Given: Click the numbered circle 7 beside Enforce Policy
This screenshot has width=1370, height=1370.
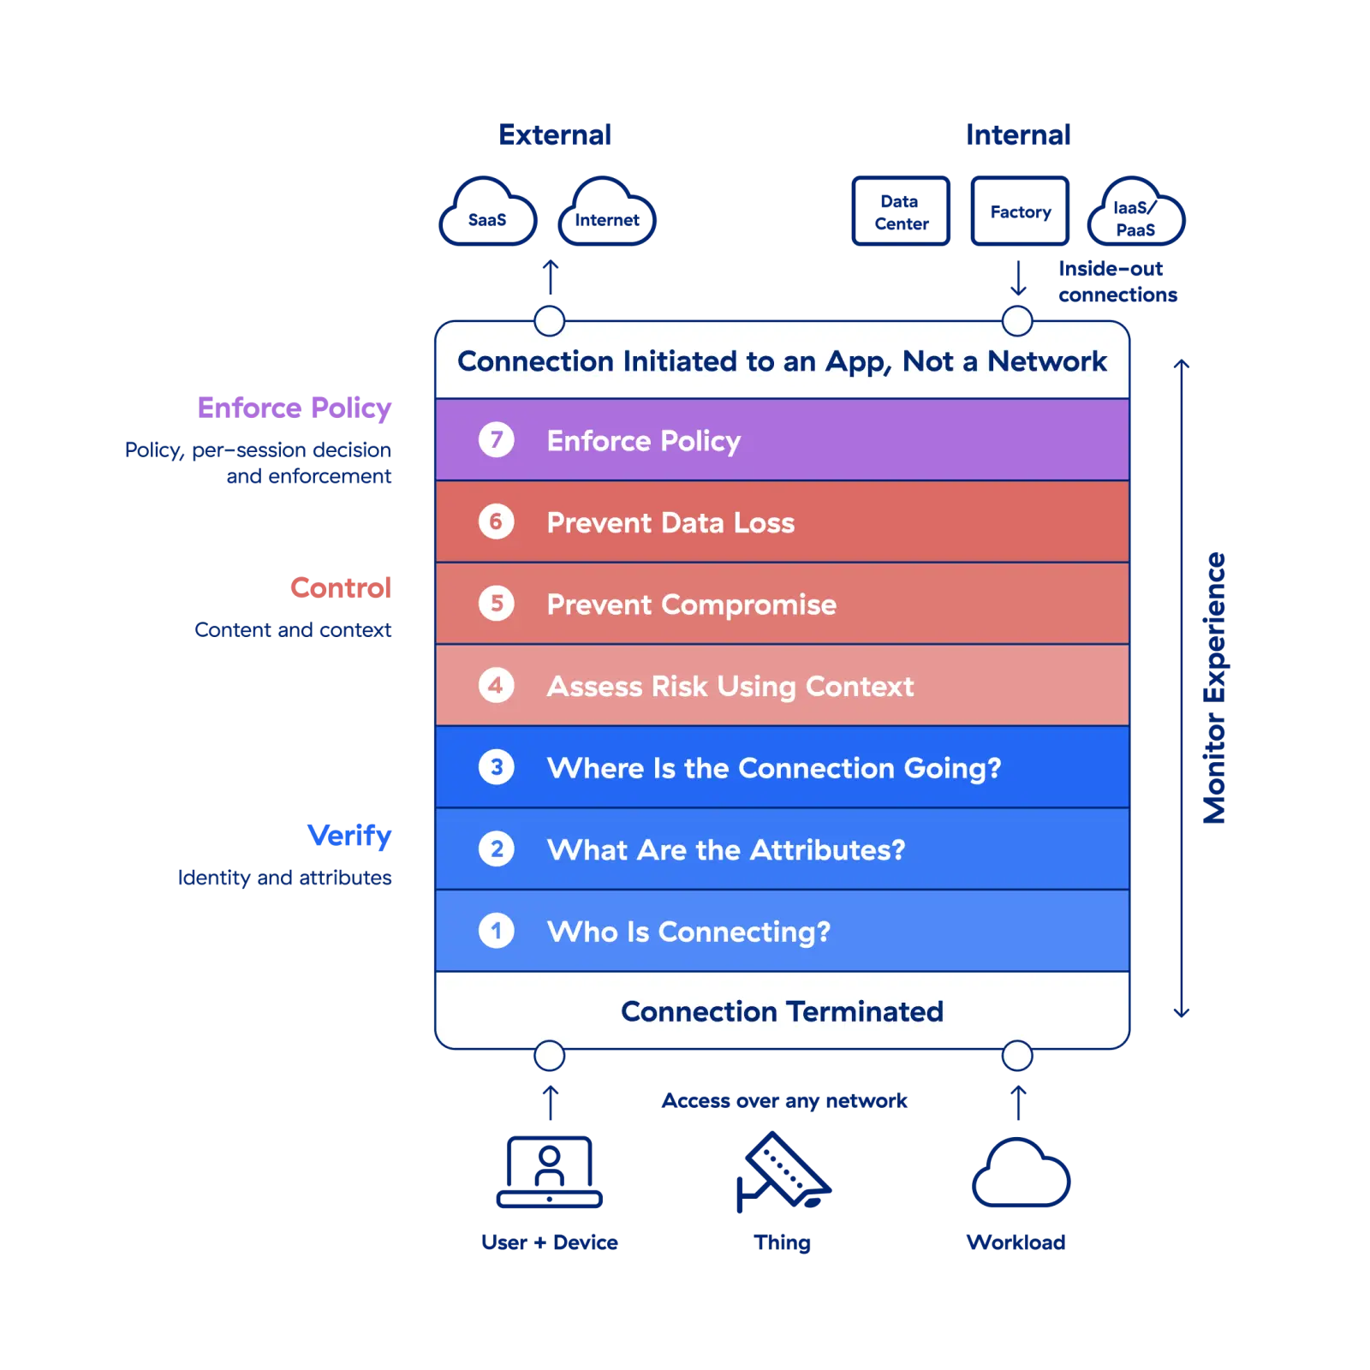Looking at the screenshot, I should (x=496, y=440).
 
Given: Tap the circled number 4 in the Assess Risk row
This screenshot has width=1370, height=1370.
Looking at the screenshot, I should (x=496, y=686).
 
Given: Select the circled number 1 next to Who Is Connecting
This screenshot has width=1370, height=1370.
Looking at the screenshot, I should (x=496, y=931).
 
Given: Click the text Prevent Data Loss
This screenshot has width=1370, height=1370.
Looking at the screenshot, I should (x=670, y=522).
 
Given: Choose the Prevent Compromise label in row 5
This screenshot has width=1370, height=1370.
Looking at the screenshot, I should (x=691, y=605).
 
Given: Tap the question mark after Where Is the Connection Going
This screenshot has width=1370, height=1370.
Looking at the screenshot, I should (x=994, y=768).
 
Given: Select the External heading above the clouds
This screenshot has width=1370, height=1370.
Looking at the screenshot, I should (x=557, y=135).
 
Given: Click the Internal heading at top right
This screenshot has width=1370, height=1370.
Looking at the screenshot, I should (x=1019, y=135).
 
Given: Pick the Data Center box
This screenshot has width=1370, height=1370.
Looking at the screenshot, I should (x=901, y=211).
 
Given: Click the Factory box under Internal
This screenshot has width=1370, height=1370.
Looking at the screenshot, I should (x=1019, y=211).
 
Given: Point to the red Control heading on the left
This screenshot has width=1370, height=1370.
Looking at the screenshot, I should (x=340, y=588).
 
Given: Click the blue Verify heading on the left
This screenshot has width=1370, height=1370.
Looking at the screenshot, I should (x=350, y=836).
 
